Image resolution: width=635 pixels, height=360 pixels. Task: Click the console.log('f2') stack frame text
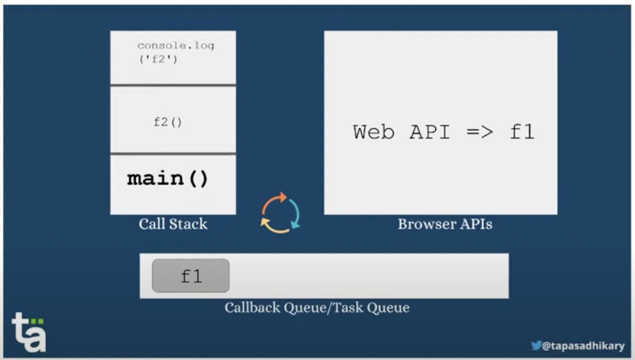coord(176,52)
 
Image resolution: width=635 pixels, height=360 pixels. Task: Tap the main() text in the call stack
coord(168,179)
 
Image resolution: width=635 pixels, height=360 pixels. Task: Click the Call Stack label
coord(173,224)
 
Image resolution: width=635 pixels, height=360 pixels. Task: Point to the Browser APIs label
coord(445,224)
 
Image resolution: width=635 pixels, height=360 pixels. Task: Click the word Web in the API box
coord(373,132)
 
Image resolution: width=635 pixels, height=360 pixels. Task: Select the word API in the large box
coord(430,132)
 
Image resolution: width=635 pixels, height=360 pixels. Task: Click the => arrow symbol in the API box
coord(480,132)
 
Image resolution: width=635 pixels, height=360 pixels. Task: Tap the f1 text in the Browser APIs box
coord(522,132)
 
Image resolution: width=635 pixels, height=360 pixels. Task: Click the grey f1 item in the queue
coord(191,276)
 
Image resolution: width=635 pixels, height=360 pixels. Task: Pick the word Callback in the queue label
coord(252,307)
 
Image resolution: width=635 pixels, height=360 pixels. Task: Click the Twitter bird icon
coord(536,345)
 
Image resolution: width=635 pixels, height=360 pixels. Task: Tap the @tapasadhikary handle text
coord(583,346)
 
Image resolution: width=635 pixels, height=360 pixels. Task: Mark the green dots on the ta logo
coord(37,321)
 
